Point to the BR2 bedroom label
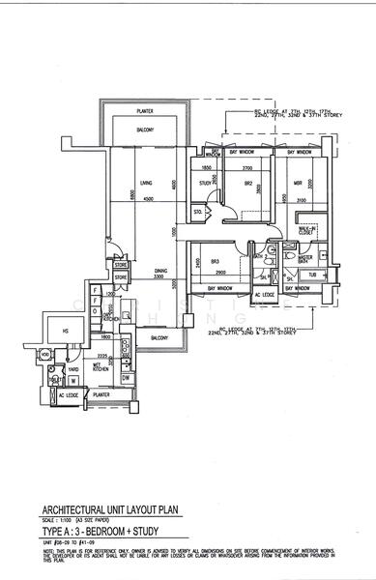tap(247, 182)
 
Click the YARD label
tap(72, 369)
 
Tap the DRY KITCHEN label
tap(110, 315)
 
